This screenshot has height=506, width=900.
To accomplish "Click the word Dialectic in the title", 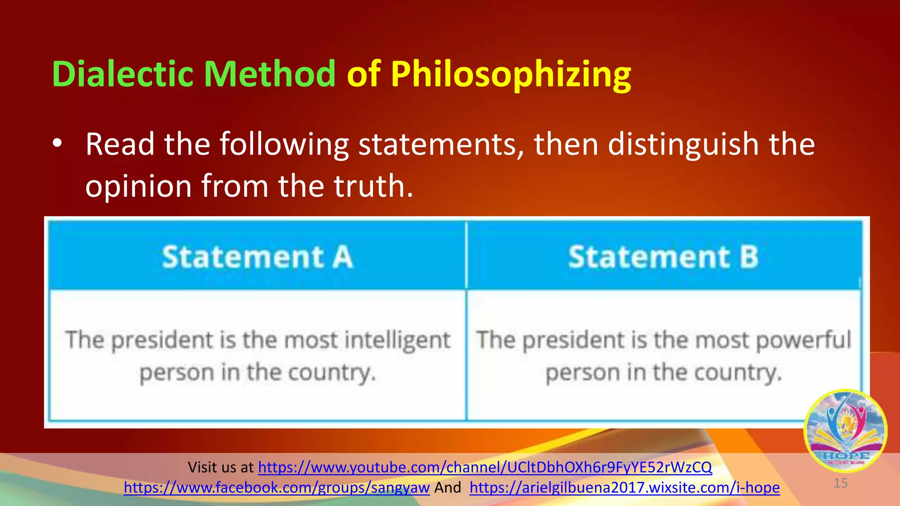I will click(123, 74).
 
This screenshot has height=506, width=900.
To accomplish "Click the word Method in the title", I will click(269, 74).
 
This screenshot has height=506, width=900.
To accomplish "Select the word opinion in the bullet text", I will click(138, 186).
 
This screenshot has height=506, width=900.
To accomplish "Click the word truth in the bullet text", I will click(373, 185).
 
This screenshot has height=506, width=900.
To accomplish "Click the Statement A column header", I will click(257, 257).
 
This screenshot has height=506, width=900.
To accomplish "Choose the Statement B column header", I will click(663, 257).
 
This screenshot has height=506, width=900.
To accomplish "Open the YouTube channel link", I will click(485, 467).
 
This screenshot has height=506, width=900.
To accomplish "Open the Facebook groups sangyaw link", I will click(276, 488).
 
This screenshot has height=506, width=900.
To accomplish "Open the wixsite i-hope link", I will click(624, 488).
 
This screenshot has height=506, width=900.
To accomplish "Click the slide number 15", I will click(840, 483).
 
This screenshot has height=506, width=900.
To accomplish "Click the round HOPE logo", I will click(845, 430).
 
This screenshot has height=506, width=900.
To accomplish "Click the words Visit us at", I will click(221, 467).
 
